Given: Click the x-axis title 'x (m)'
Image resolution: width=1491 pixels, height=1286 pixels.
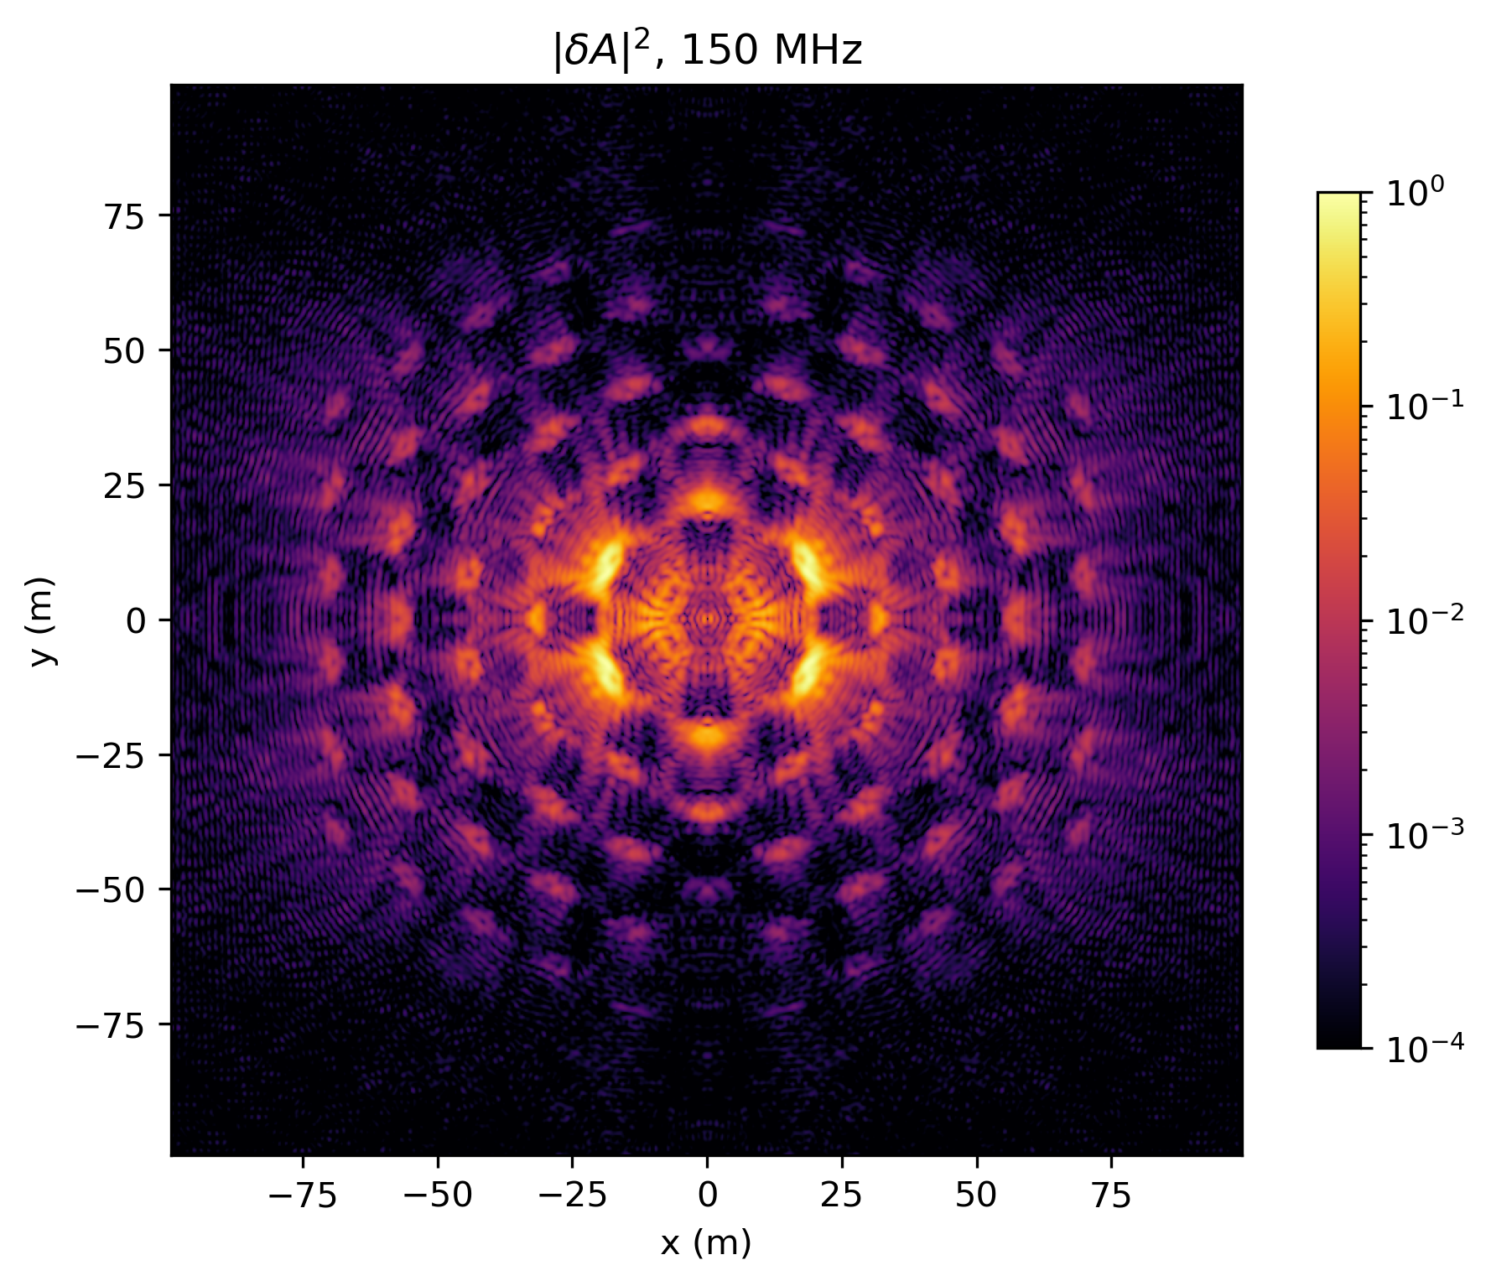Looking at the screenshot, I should point(706,1242).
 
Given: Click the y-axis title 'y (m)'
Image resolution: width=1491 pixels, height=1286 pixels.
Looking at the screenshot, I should point(44,620).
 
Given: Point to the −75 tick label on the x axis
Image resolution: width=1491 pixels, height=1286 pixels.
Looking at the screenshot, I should point(302,1196).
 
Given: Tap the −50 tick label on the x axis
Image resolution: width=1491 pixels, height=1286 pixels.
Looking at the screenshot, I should point(437,1196).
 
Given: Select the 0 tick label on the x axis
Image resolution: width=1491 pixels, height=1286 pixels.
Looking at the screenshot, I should point(707,1196).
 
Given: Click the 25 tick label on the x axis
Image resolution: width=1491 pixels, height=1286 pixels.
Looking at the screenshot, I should point(842,1196).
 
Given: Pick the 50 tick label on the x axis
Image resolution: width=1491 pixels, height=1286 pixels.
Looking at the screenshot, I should point(977,1196).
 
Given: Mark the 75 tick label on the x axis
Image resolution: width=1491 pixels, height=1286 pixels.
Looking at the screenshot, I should point(1112,1196).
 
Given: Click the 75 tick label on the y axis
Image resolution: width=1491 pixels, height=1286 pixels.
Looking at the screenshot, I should point(125,215).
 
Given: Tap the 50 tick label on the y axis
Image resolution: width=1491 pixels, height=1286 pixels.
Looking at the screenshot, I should point(125,350).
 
